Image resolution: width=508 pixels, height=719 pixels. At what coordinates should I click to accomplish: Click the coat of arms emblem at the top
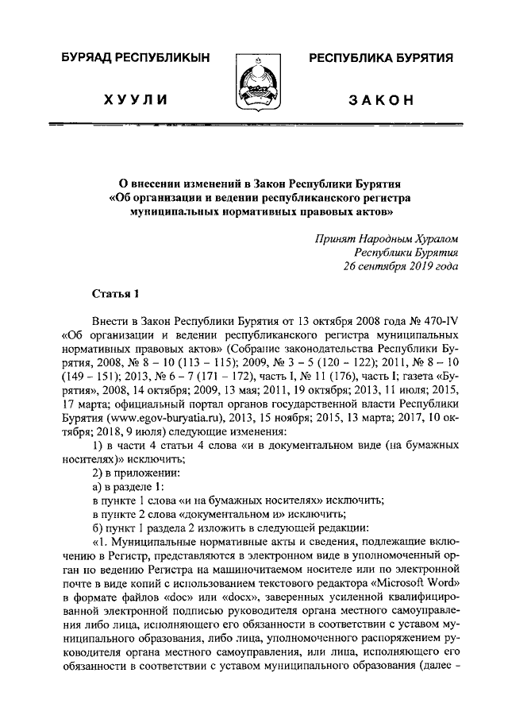[254, 83]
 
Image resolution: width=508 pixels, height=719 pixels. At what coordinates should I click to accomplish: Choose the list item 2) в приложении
[136, 471]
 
